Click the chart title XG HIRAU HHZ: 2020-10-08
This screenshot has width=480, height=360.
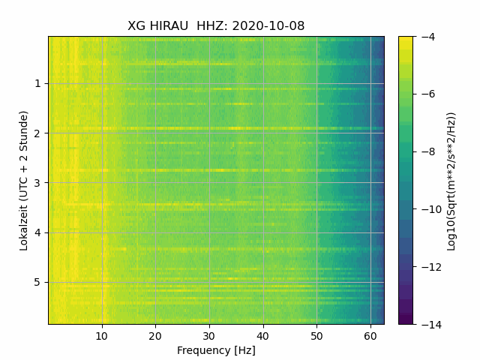pyautogui.click(x=216, y=26)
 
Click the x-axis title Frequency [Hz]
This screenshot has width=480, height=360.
pyautogui.click(x=216, y=350)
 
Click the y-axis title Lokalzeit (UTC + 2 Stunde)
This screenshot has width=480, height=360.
pyautogui.click(x=24, y=180)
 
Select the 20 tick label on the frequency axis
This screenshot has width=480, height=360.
pyautogui.click(x=155, y=335)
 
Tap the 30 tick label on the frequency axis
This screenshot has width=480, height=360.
pyautogui.click(x=209, y=335)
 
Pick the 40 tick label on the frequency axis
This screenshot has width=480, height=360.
pyautogui.click(x=262, y=335)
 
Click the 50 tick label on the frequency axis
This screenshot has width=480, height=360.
pyautogui.click(x=316, y=335)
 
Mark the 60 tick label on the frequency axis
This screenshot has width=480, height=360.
pyautogui.click(x=370, y=335)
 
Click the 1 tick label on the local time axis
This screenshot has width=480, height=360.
pyautogui.click(x=37, y=83)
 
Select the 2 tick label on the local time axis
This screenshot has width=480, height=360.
pyautogui.click(x=37, y=133)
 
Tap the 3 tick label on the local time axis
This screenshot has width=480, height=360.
pyautogui.click(x=37, y=182)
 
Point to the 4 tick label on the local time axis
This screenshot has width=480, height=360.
pyautogui.click(x=37, y=232)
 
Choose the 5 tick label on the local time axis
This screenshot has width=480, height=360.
pyautogui.click(x=37, y=282)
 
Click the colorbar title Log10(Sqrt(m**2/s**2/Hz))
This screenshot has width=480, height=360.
pyautogui.click(x=451, y=180)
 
